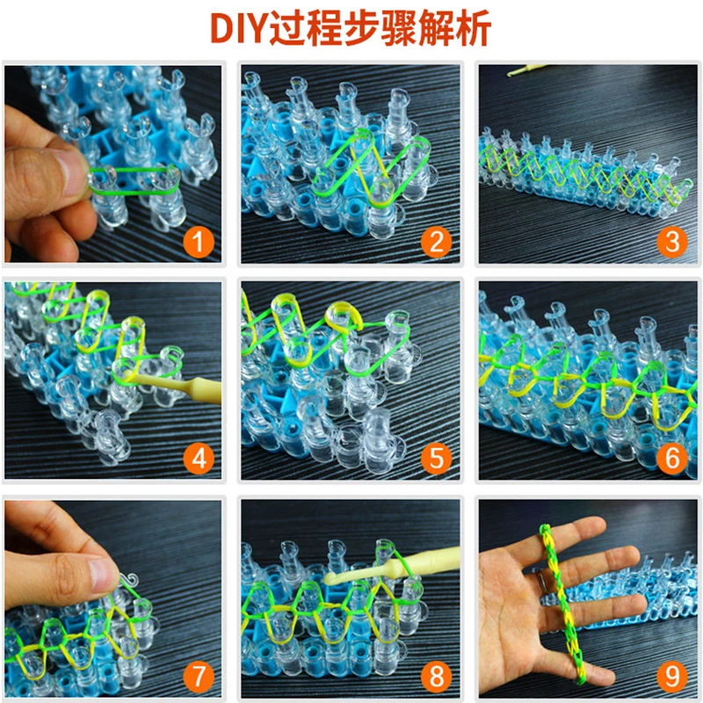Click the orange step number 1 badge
(199, 243)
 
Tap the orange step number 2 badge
(436, 243)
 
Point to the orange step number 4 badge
(199, 459)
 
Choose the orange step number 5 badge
(436, 459)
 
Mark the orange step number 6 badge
(672, 459)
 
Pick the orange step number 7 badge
(199, 677)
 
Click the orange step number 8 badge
(436, 677)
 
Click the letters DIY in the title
(239, 29)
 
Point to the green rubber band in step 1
(134, 179)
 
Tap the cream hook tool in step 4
(175, 386)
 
